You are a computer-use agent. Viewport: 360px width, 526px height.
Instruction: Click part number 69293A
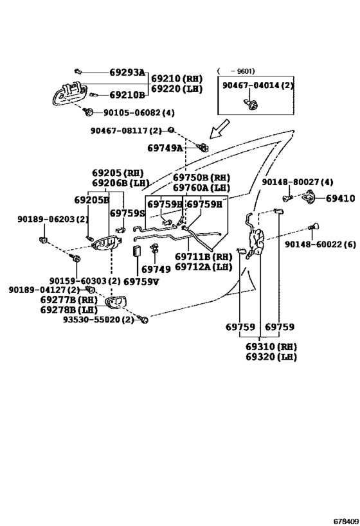click(x=127, y=72)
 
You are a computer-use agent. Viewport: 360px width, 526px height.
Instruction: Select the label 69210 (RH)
click(x=177, y=79)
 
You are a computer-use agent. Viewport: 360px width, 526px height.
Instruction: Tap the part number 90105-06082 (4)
click(x=139, y=113)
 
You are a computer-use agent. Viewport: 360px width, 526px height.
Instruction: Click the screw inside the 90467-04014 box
click(x=251, y=103)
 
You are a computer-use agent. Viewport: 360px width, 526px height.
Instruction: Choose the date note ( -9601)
click(x=236, y=71)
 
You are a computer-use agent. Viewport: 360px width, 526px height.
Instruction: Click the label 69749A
click(x=165, y=148)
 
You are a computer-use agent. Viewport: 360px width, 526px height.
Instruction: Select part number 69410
click(x=340, y=198)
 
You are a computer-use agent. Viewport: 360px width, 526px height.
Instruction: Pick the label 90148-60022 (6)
click(x=320, y=244)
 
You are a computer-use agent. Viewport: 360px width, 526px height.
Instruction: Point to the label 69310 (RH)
click(x=271, y=347)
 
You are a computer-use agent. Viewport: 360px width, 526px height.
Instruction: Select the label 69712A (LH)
click(x=204, y=267)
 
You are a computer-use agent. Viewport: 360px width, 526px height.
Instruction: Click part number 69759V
click(x=141, y=281)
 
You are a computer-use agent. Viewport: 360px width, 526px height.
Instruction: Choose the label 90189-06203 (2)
click(x=53, y=220)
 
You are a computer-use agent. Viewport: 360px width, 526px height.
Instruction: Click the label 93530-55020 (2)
click(x=98, y=320)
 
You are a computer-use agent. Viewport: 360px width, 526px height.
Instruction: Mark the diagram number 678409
click(x=346, y=522)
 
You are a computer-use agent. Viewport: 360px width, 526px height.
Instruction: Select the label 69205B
click(x=92, y=200)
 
